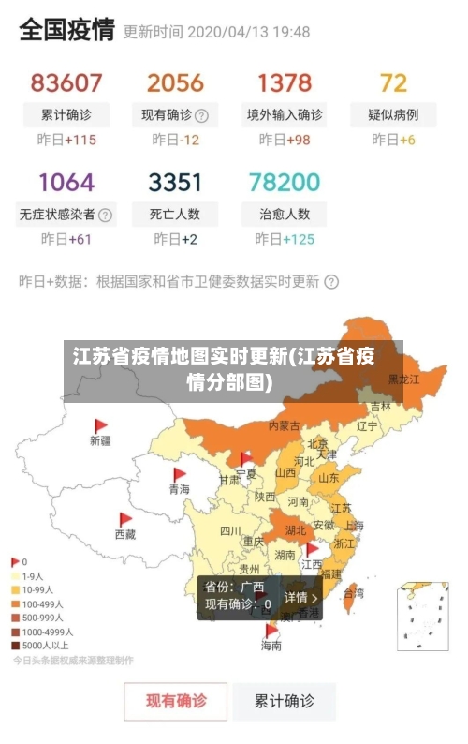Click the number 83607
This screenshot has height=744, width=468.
pos(66,82)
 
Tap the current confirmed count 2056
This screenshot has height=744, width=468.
pos(175,82)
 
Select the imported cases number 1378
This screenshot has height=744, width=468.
pos(285,82)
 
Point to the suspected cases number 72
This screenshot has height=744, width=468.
pos(393,82)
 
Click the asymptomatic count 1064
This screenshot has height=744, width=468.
pos(66,181)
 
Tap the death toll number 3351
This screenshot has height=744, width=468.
pos(175,181)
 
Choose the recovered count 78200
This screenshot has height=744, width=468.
pos(285,181)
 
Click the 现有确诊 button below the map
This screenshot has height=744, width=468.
pos(176,700)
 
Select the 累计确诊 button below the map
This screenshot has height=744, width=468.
pos(285,700)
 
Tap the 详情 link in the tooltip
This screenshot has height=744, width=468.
pos(301,597)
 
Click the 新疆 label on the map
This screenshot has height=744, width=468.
pos(100,440)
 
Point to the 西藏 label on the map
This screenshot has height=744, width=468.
pos(125,534)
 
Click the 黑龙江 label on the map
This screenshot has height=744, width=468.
pos(403,379)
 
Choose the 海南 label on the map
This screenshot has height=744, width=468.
pos(271,646)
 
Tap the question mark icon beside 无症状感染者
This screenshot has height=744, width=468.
pos(106,214)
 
